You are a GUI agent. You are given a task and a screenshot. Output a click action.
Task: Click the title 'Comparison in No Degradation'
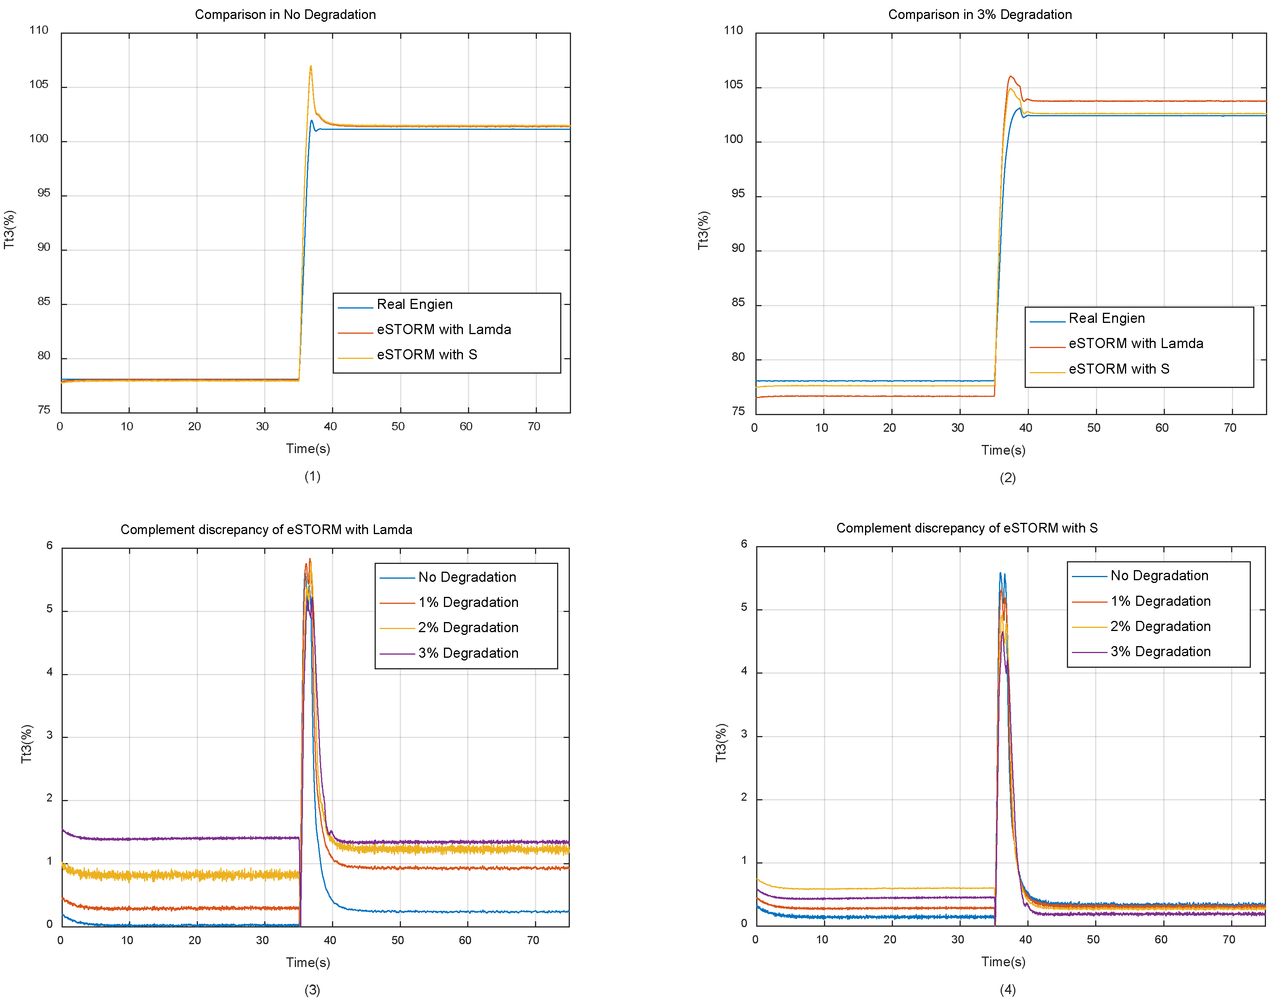(285, 15)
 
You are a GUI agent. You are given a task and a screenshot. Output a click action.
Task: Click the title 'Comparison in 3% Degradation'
(979, 15)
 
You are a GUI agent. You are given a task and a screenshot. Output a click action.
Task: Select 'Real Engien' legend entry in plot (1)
(414, 304)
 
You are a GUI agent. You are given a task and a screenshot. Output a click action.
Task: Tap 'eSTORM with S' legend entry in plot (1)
(427, 355)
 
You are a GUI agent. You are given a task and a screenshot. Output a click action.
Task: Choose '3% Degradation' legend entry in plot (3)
(468, 653)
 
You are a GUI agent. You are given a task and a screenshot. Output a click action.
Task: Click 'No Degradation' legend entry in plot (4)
(1159, 576)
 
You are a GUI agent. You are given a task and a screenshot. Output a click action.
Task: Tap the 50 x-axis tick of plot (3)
(397, 940)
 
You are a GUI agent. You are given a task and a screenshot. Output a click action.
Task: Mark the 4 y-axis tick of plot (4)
(744, 671)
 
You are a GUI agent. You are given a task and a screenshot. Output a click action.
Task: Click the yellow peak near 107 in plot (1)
(311, 67)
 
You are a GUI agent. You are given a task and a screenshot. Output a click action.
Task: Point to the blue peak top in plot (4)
(1000, 573)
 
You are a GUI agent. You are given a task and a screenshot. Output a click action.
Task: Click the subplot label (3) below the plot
(312, 990)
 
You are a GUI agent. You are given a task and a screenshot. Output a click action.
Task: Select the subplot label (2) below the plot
(1008, 478)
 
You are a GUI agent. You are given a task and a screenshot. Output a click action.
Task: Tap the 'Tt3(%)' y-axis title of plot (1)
(9, 229)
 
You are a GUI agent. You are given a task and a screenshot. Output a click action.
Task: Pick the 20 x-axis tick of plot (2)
(889, 428)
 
